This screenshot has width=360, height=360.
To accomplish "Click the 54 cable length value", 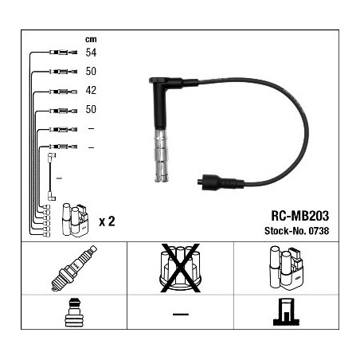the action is click(91, 53).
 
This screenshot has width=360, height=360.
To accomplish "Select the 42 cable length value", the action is click(91, 90).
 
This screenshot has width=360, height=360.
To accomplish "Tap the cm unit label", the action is click(91, 40).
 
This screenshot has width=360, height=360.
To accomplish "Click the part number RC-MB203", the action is click(299, 216).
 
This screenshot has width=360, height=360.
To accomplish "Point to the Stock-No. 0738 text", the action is click(296, 231).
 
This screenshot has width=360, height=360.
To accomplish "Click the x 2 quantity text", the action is click(107, 221).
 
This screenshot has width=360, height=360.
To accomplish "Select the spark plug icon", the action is click(74, 268).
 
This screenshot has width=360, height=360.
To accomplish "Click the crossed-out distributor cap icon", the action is click(180, 268).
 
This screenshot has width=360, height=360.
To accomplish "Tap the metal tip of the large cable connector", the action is click(162, 155).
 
